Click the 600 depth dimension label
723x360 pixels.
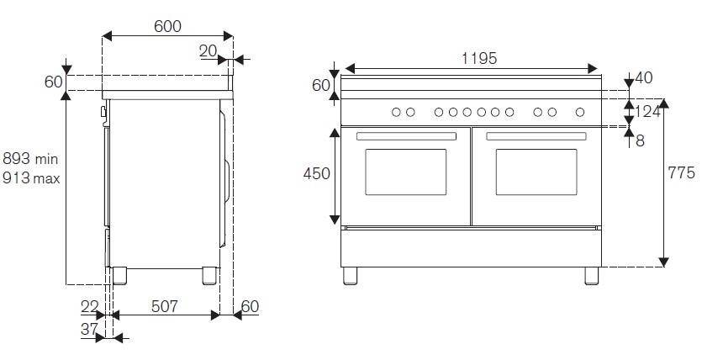[167, 26]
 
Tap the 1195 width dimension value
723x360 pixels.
[479, 58]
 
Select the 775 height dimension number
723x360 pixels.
[681, 173]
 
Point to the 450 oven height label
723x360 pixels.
[317, 173]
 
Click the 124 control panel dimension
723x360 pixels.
[648, 110]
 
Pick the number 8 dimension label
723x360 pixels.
[641, 140]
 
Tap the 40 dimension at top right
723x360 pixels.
[644, 78]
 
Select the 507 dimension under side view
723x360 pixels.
[165, 307]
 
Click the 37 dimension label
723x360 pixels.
[89, 331]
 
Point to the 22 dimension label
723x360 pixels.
[90, 307]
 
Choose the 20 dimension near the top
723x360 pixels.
[208, 51]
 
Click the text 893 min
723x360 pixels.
[30, 159]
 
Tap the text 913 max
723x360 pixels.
[31, 177]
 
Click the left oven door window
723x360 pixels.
[405, 172]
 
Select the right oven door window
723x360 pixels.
[536, 172]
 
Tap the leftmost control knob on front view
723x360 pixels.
[396, 111]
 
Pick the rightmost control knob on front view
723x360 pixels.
[580, 111]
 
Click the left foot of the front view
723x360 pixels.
[350, 275]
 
